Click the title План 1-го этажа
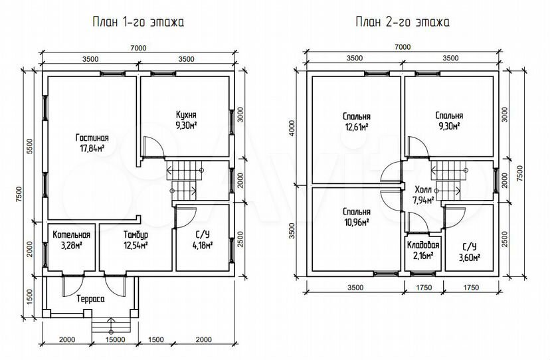coord(138,22)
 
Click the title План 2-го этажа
coord(403,22)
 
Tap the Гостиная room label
coord(92,137)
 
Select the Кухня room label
coord(186,115)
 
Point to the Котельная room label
coord(71,234)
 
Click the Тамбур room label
coord(136,234)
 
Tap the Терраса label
coord(90,299)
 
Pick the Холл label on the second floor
coord(423,190)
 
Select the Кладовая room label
coord(423,245)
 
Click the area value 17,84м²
coord(92,148)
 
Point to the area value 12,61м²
coord(356,127)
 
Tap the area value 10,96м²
coord(356,223)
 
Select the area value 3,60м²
coord(470,258)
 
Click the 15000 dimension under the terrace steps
coord(116,339)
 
